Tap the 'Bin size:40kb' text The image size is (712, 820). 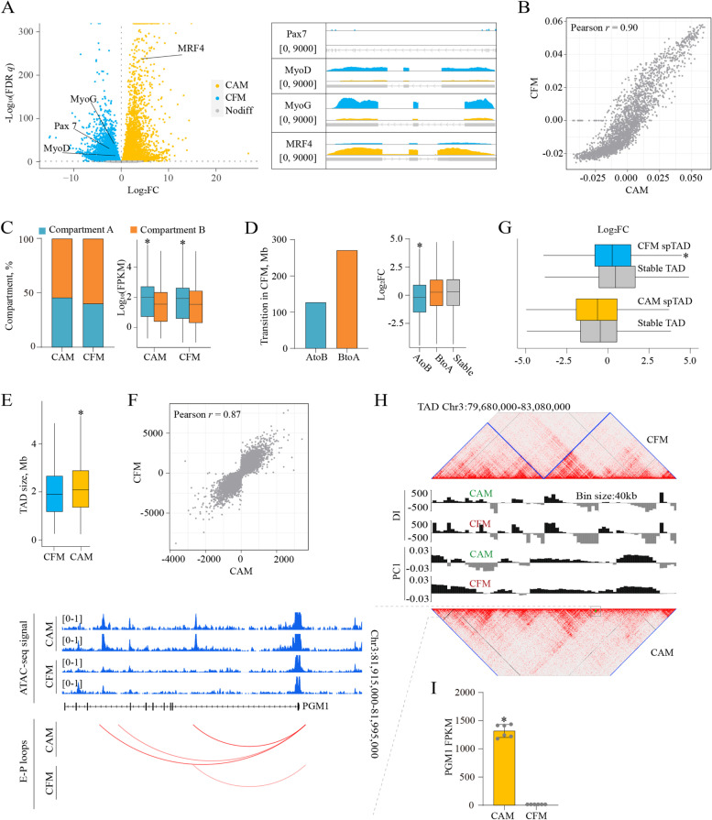coord(600,496)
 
